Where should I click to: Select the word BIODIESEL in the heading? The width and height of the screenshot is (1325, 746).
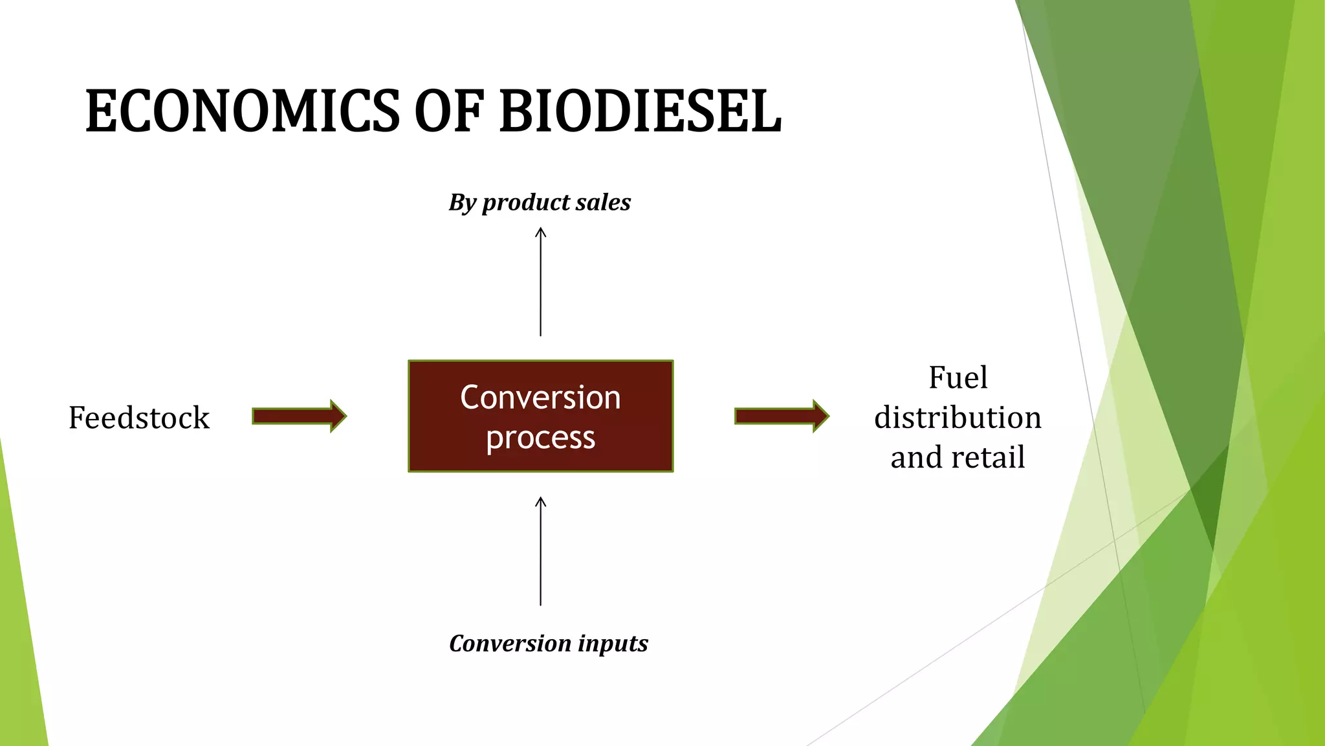(x=641, y=111)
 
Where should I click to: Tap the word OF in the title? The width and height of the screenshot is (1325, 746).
(x=449, y=111)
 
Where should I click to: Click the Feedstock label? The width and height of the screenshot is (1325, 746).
(x=139, y=418)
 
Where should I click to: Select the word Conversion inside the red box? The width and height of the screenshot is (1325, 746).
(x=540, y=397)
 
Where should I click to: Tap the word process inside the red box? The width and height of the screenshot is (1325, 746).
(x=540, y=438)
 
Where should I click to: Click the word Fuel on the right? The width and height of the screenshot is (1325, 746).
(x=958, y=378)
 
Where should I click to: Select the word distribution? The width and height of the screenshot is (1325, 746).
(x=958, y=418)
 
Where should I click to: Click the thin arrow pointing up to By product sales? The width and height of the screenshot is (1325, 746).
(x=541, y=282)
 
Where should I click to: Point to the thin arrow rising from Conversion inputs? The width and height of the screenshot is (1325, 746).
(x=541, y=550)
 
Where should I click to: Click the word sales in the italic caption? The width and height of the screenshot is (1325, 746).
(x=603, y=203)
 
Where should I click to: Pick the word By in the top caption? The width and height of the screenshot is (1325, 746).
(x=463, y=203)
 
